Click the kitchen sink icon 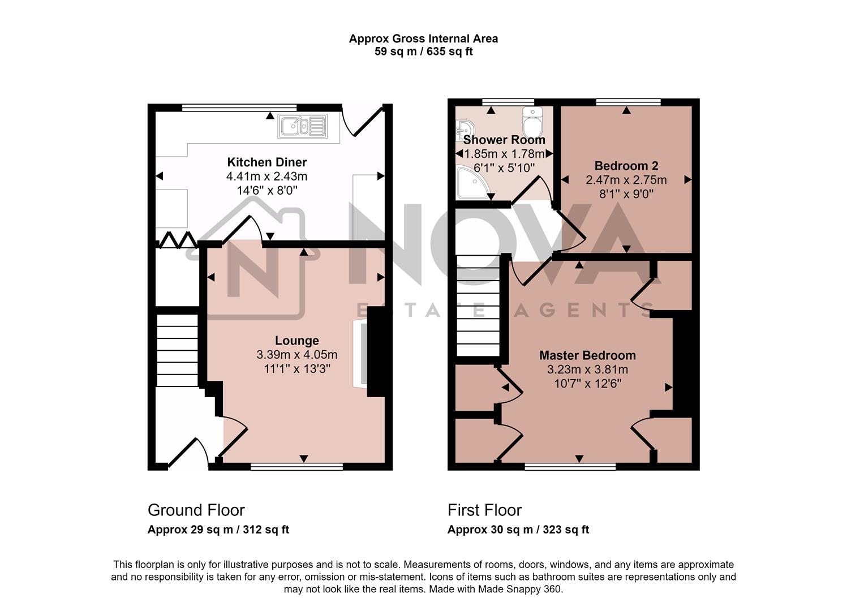click(302, 127)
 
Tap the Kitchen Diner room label click(266, 163)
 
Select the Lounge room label click(296, 341)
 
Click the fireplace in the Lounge click(360, 354)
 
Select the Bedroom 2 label click(626, 166)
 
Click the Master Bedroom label click(587, 355)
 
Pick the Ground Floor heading click(196, 510)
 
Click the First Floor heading click(484, 510)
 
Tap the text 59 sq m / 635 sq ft click(423, 51)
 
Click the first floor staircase click(478, 306)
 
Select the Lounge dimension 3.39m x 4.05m click(296, 355)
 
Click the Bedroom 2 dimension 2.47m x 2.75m click(626, 180)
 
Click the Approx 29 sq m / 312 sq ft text click(218, 530)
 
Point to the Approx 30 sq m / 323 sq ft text click(518, 530)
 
